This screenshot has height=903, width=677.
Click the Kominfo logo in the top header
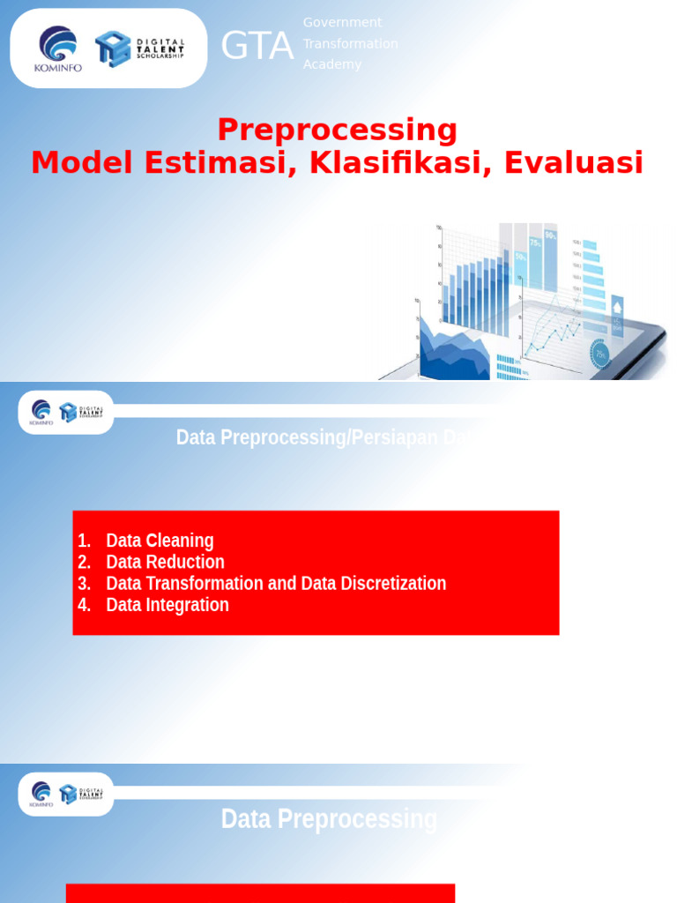(58, 48)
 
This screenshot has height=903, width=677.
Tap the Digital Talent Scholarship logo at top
(140, 49)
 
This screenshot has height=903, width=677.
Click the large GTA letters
(257, 46)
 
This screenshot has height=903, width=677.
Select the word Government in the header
(342, 22)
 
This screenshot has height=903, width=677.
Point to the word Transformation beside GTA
(350, 43)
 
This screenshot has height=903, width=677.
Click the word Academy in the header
(332, 64)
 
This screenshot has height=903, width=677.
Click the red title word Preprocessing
(338, 130)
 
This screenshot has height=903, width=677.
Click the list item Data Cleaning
(160, 541)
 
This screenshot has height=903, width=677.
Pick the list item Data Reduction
(165, 562)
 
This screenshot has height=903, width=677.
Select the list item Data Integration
(167, 604)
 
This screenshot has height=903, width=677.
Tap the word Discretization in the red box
(393, 583)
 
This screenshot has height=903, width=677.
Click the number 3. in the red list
(85, 583)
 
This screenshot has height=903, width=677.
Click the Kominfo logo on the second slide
(41, 412)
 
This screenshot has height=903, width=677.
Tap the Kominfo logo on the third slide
(41, 794)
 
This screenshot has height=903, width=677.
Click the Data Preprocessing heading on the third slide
(329, 819)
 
